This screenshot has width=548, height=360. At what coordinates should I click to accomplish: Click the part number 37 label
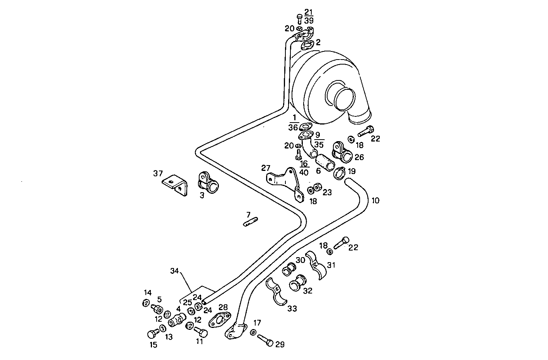click(x=158, y=174)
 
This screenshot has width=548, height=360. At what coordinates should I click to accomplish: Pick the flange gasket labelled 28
click(x=220, y=319)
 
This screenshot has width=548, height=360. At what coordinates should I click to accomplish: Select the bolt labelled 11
click(x=201, y=332)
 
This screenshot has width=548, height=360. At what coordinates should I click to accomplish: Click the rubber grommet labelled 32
click(x=297, y=283)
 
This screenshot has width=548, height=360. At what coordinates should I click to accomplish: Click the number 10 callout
click(x=375, y=201)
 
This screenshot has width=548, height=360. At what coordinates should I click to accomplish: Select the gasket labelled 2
click(x=307, y=45)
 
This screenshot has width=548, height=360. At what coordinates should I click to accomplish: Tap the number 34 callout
click(x=174, y=271)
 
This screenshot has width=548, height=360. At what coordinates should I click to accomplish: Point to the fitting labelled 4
click(x=178, y=320)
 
